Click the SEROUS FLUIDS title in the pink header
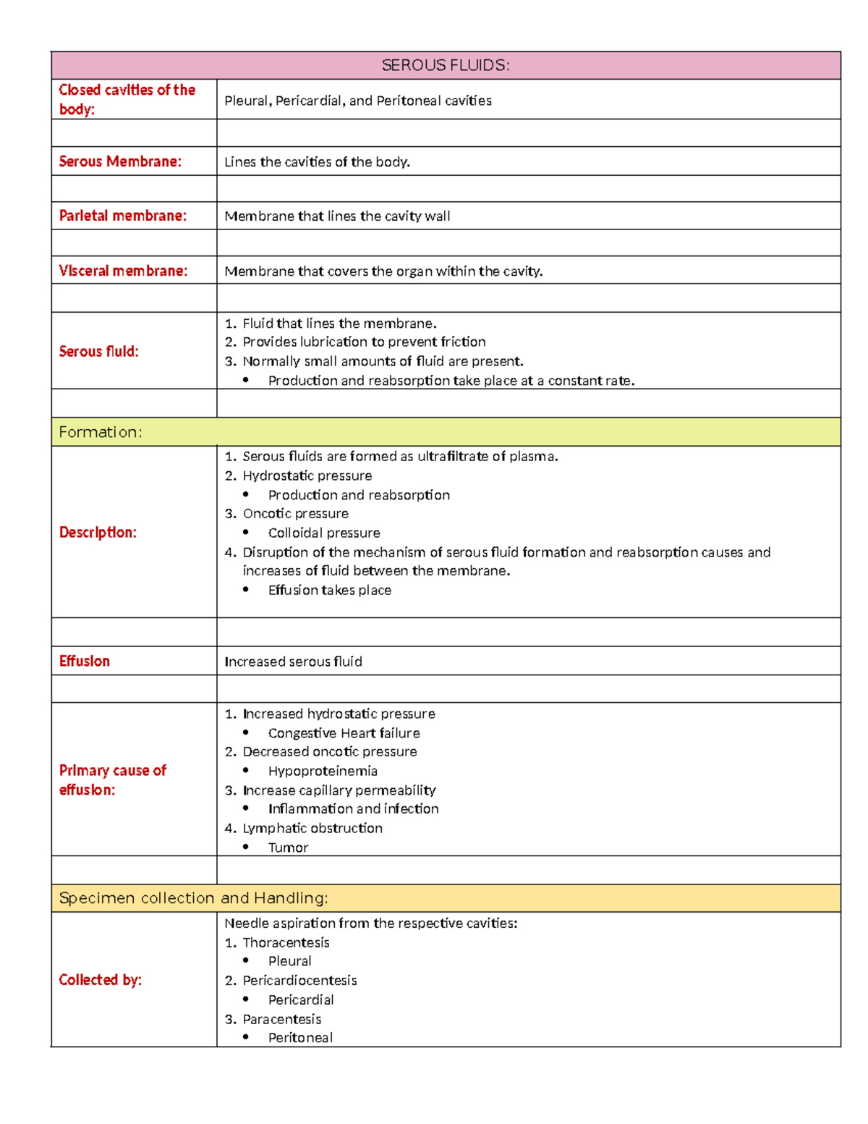[x=446, y=65]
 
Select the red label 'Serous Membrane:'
[x=120, y=161]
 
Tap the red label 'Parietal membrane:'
[x=123, y=216]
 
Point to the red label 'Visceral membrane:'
[x=123, y=271]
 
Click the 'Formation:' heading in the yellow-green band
[x=101, y=432]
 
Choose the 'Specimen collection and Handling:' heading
[x=193, y=898]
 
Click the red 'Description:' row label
[x=98, y=532]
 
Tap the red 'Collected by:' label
[x=100, y=980]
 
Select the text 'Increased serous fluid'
[x=293, y=662]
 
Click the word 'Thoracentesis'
[x=286, y=942]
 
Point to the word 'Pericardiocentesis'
[x=299, y=981]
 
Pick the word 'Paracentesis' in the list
[x=281, y=1019]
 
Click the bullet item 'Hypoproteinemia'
[x=323, y=771]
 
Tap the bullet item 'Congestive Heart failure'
[x=344, y=733]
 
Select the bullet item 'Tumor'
[x=288, y=848]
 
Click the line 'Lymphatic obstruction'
[x=312, y=828]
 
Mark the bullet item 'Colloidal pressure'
[x=324, y=533]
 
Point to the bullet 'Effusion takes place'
[x=330, y=590]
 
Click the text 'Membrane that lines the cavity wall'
[x=337, y=216]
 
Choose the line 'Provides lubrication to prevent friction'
[x=364, y=342]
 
